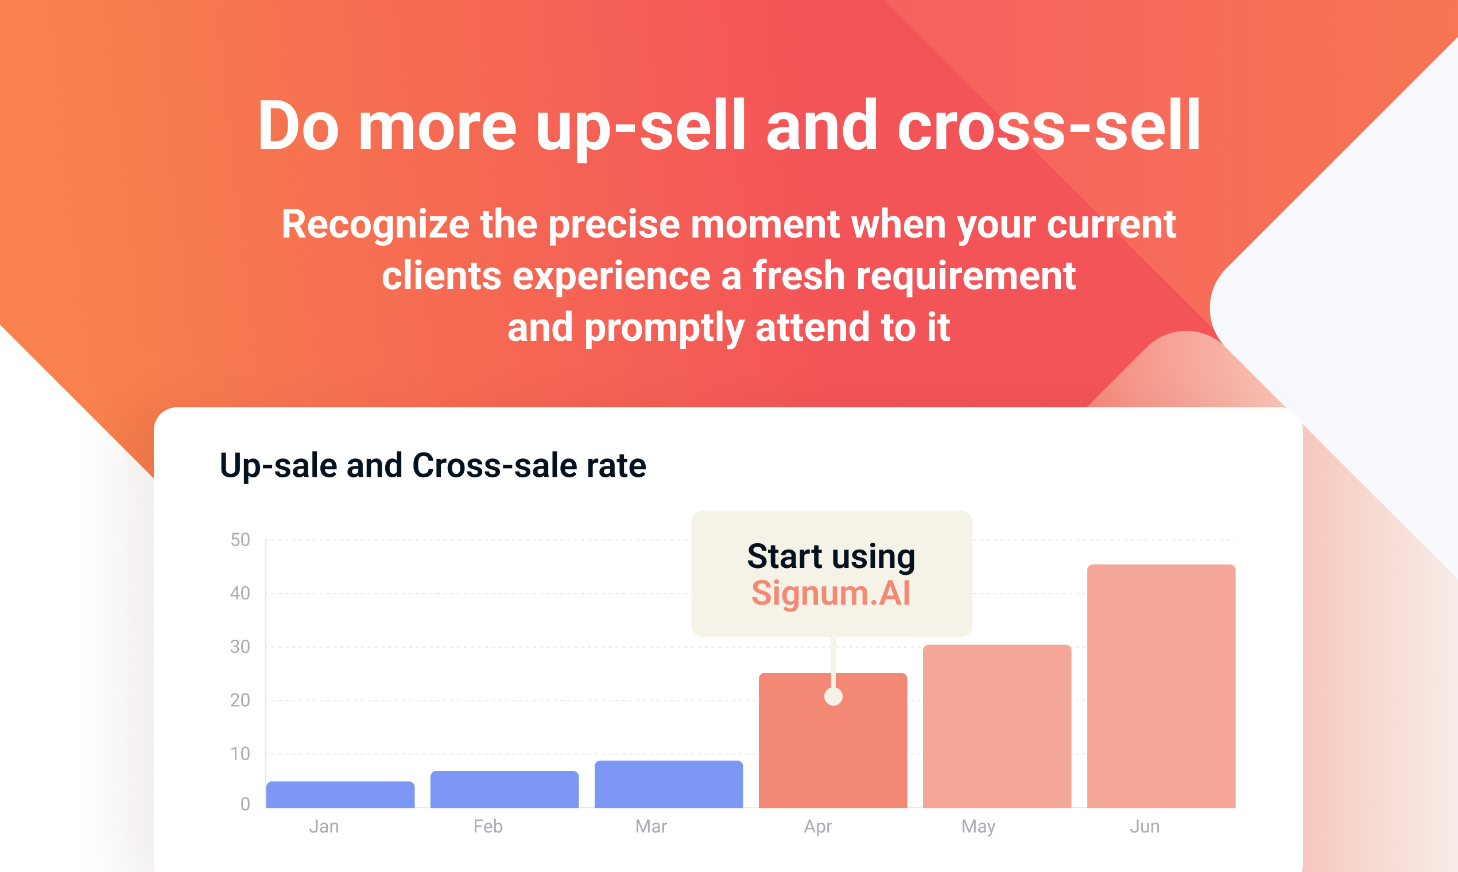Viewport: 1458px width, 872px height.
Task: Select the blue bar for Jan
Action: tap(340, 795)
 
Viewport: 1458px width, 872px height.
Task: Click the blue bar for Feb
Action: tap(505, 789)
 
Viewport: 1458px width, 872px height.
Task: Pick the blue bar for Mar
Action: tap(669, 784)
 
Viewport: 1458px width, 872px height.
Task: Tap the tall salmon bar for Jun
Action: tap(1161, 686)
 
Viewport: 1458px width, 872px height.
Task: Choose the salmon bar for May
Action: tap(997, 726)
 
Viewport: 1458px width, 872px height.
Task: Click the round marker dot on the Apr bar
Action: tap(833, 696)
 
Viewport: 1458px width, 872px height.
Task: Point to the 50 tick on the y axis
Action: tap(240, 539)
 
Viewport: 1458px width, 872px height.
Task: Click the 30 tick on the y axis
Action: tap(240, 647)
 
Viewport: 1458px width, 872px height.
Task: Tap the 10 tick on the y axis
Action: tap(240, 753)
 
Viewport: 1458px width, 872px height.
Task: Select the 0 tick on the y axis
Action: tap(245, 803)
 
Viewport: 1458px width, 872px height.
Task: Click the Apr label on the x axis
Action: tap(818, 827)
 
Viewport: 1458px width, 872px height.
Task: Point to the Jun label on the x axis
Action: tap(1145, 826)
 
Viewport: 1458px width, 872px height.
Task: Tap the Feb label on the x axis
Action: tap(488, 826)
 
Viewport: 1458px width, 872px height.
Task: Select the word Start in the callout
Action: tap(784, 556)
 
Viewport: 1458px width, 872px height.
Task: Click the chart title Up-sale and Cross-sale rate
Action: tap(433, 465)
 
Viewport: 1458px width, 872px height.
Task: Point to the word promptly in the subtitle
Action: tap(664, 329)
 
